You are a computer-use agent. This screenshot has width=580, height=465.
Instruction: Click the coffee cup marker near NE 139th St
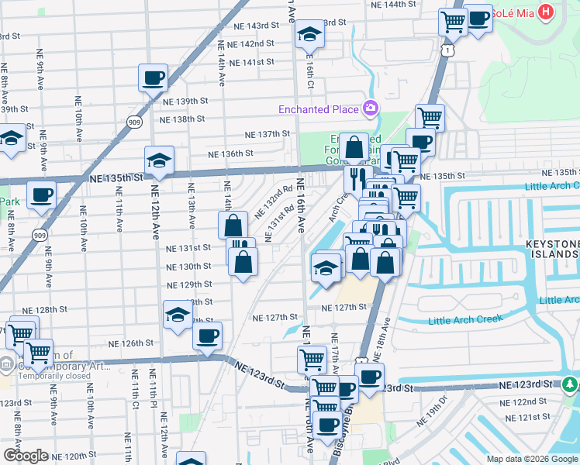(153, 77)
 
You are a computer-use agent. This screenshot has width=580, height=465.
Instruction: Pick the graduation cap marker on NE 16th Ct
(309, 34)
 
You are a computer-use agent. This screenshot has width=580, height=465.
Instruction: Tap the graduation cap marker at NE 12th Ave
(159, 160)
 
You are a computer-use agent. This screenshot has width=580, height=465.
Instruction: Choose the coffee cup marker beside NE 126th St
(207, 336)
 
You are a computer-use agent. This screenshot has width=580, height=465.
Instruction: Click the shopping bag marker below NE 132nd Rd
(233, 226)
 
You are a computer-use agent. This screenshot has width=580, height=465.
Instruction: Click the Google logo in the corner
(26, 455)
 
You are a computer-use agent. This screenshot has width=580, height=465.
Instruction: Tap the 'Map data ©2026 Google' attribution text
(533, 459)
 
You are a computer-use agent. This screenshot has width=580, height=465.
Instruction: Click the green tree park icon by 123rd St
(571, 384)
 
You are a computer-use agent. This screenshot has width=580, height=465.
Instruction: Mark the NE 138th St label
(182, 119)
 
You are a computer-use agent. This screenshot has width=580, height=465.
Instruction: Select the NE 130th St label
(190, 266)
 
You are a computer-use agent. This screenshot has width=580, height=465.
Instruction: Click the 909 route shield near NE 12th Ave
(134, 122)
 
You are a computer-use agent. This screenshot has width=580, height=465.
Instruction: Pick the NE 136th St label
(227, 153)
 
